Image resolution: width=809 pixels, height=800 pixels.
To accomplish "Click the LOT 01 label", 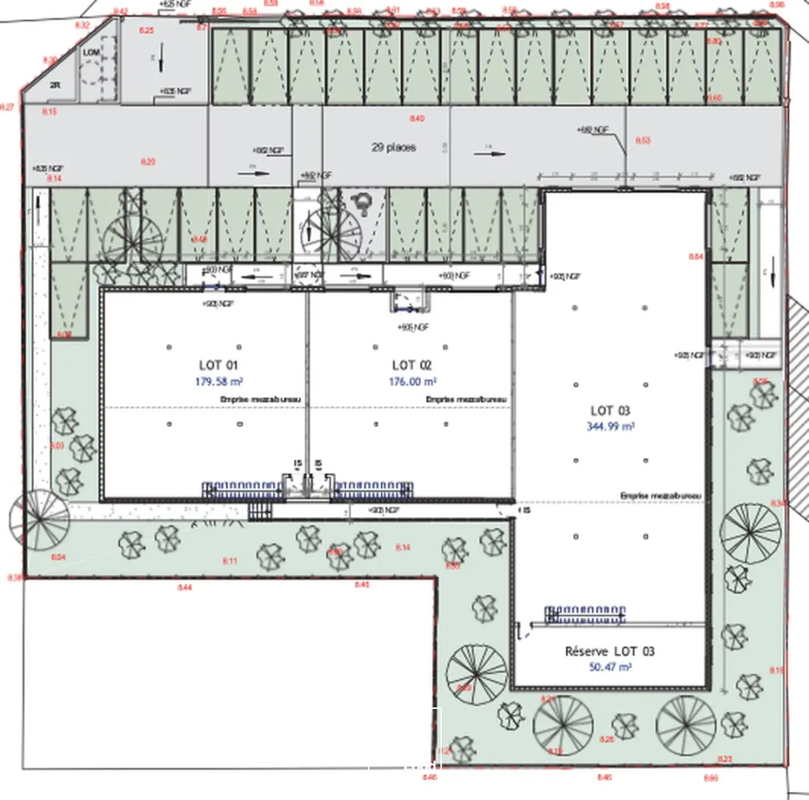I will click(x=218, y=365).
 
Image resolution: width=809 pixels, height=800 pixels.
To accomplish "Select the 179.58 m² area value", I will click(x=220, y=382).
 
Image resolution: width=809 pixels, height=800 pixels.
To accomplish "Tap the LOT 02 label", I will click(x=412, y=365).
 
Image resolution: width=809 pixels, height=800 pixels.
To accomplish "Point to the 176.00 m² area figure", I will click(x=412, y=382).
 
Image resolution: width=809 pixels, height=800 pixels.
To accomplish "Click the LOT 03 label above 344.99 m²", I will click(x=610, y=410).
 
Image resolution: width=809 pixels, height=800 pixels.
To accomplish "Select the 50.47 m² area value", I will click(x=609, y=667).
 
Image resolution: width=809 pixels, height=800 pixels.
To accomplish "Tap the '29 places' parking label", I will click(x=394, y=147).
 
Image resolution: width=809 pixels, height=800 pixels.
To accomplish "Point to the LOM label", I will click(x=91, y=52).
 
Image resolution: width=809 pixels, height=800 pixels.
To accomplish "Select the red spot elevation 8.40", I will click(x=417, y=119).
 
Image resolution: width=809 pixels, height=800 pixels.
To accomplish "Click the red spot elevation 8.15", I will click(x=50, y=111).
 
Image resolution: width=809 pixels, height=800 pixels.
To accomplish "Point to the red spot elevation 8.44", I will click(x=184, y=587).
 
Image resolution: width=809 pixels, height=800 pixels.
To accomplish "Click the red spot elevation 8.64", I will click(x=695, y=256).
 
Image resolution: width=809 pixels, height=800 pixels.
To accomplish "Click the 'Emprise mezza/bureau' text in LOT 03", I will click(x=661, y=496).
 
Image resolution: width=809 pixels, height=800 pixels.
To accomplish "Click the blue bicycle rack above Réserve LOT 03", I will click(x=585, y=614).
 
